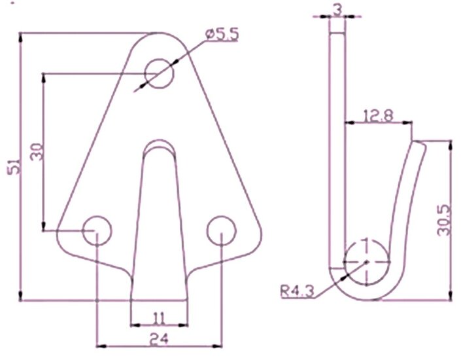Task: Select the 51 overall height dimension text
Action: click(14, 166)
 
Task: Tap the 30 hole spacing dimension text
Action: click(37, 152)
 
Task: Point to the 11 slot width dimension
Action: click(159, 319)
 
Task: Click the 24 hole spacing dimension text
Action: click(159, 339)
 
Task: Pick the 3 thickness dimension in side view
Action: click(338, 10)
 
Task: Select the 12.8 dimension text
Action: click(378, 115)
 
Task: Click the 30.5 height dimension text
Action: click(444, 220)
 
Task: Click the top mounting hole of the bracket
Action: click(159, 73)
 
